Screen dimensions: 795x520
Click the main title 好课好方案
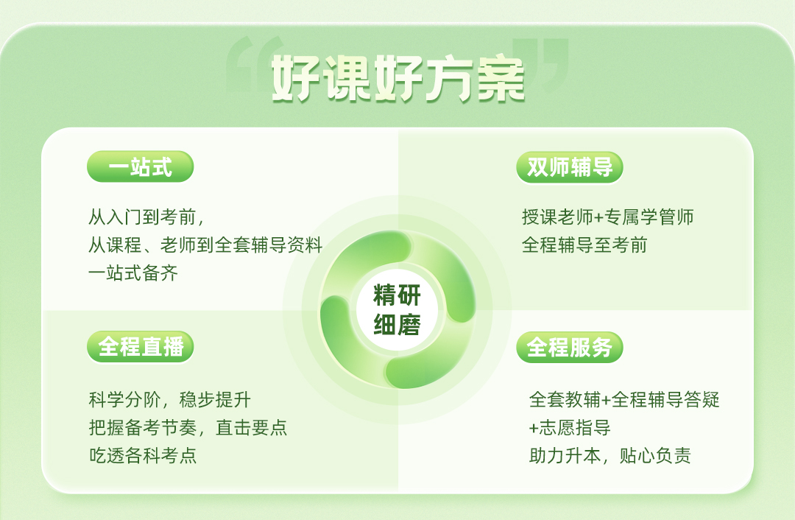pos(398,79)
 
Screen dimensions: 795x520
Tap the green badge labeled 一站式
pos(141,166)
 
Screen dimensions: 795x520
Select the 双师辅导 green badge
pos(569,167)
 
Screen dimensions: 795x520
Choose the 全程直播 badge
pos(141,347)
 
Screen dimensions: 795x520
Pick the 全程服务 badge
pos(569,348)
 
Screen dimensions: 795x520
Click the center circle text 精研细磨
pos(397,310)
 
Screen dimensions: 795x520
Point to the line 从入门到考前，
pos(146,217)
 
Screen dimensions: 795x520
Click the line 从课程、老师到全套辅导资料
pos(205,245)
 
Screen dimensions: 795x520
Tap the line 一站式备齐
pos(133,273)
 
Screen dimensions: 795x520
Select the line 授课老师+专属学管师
pos(608,217)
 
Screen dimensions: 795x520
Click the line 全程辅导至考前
pos(584,245)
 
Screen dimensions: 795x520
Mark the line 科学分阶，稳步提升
pos(170,400)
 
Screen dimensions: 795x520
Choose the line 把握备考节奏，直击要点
pos(188,428)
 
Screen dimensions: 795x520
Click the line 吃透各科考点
pos(143,456)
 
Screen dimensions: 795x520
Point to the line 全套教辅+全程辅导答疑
pos(624,400)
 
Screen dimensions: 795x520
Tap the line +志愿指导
pos(569,428)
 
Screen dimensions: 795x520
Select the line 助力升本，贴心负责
pos(610,456)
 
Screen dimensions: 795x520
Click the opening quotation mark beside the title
pos(253,63)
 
